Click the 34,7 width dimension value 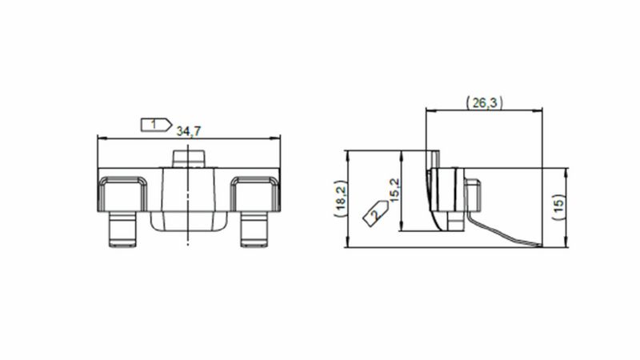[x=189, y=131]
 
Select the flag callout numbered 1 [x=156, y=125]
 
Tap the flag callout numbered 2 [x=376, y=213]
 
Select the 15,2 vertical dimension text [x=395, y=190]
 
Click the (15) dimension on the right [x=558, y=207]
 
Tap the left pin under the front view [x=122, y=229]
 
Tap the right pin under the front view [x=254, y=229]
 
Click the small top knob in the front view [x=188, y=158]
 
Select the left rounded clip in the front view [x=122, y=194]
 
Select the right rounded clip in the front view [x=255, y=194]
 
